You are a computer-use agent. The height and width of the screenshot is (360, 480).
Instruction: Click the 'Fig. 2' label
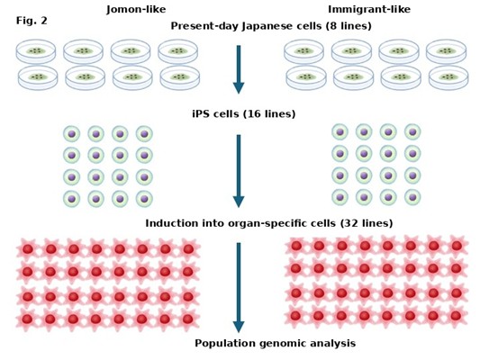tap(32, 21)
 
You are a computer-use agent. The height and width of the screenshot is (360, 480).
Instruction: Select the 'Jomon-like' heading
tap(136, 10)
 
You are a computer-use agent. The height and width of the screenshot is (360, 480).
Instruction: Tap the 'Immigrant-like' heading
tap(369, 10)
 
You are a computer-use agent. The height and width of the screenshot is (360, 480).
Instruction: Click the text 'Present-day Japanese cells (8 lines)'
tap(271, 26)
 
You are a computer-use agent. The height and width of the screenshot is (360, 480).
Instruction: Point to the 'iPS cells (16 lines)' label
tap(244, 113)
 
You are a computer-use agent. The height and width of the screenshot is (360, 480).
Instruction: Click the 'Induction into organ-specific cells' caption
tap(240, 223)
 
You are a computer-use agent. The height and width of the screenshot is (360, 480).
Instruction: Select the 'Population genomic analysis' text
tap(275, 343)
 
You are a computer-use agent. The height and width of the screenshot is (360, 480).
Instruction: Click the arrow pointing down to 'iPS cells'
tap(239, 69)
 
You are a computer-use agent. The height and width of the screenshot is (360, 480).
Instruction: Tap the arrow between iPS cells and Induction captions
tap(239, 171)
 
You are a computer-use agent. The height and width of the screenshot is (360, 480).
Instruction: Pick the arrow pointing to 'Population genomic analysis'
tap(239, 287)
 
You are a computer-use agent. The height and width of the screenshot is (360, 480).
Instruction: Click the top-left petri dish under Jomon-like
tap(36, 51)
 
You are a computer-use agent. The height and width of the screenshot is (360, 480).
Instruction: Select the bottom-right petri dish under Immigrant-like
tap(448, 78)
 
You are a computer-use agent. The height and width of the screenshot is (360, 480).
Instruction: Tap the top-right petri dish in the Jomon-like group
tap(177, 51)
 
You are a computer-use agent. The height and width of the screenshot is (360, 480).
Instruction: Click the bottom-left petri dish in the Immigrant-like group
tap(306, 78)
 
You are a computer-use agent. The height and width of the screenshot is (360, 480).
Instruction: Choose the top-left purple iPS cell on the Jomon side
tap(72, 134)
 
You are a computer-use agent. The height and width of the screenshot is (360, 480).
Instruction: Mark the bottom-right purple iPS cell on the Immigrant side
tap(412, 197)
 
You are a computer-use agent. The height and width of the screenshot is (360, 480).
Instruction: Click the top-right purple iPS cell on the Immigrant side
tap(412, 132)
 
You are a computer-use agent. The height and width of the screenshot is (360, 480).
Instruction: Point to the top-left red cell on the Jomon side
tap(28, 249)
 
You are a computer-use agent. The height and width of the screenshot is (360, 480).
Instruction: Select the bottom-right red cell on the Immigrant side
tap(456, 316)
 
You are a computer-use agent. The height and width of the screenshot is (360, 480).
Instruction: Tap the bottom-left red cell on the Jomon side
tap(27, 319)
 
